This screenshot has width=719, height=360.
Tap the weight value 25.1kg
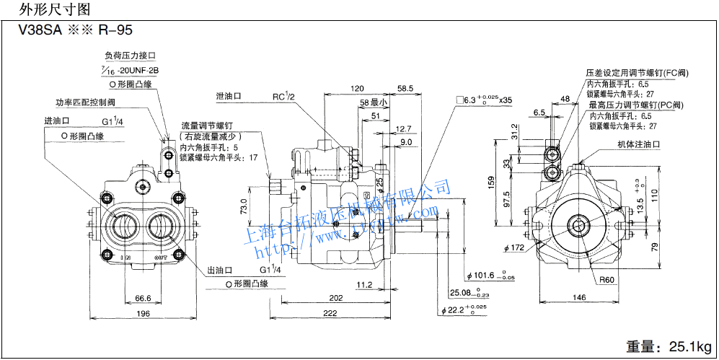click(689, 346)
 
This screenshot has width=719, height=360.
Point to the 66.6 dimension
click(142, 297)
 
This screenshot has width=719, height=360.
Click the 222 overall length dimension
click(331, 312)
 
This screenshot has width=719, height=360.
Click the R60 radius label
click(606, 280)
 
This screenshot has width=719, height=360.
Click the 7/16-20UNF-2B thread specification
click(129, 70)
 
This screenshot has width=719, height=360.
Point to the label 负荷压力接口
click(130, 56)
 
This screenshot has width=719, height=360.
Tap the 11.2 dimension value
click(364, 284)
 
